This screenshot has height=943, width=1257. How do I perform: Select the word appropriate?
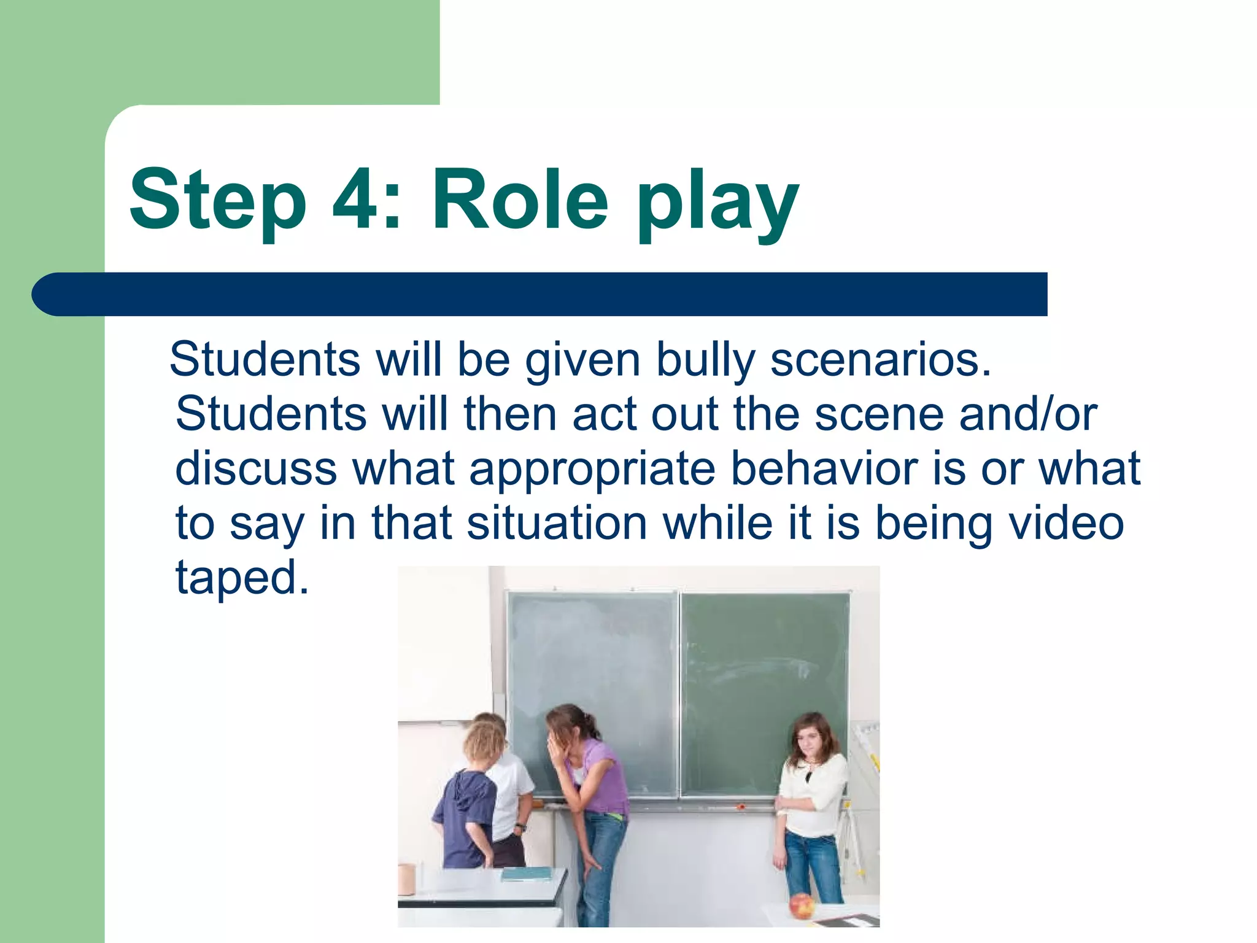[592, 470]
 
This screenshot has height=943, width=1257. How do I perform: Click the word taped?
[242, 578]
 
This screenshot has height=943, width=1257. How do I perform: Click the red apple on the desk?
[801, 906]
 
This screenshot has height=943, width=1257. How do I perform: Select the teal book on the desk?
[527, 874]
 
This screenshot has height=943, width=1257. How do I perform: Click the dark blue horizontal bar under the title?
[540, 294]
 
